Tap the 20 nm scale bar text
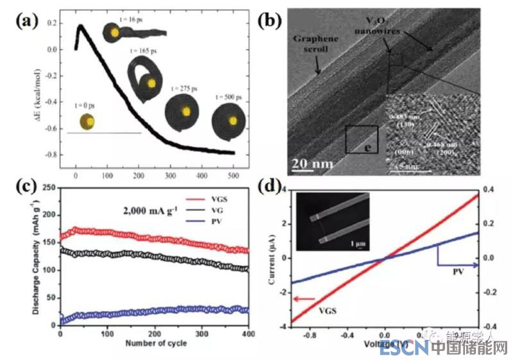click(x=312, y=164)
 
